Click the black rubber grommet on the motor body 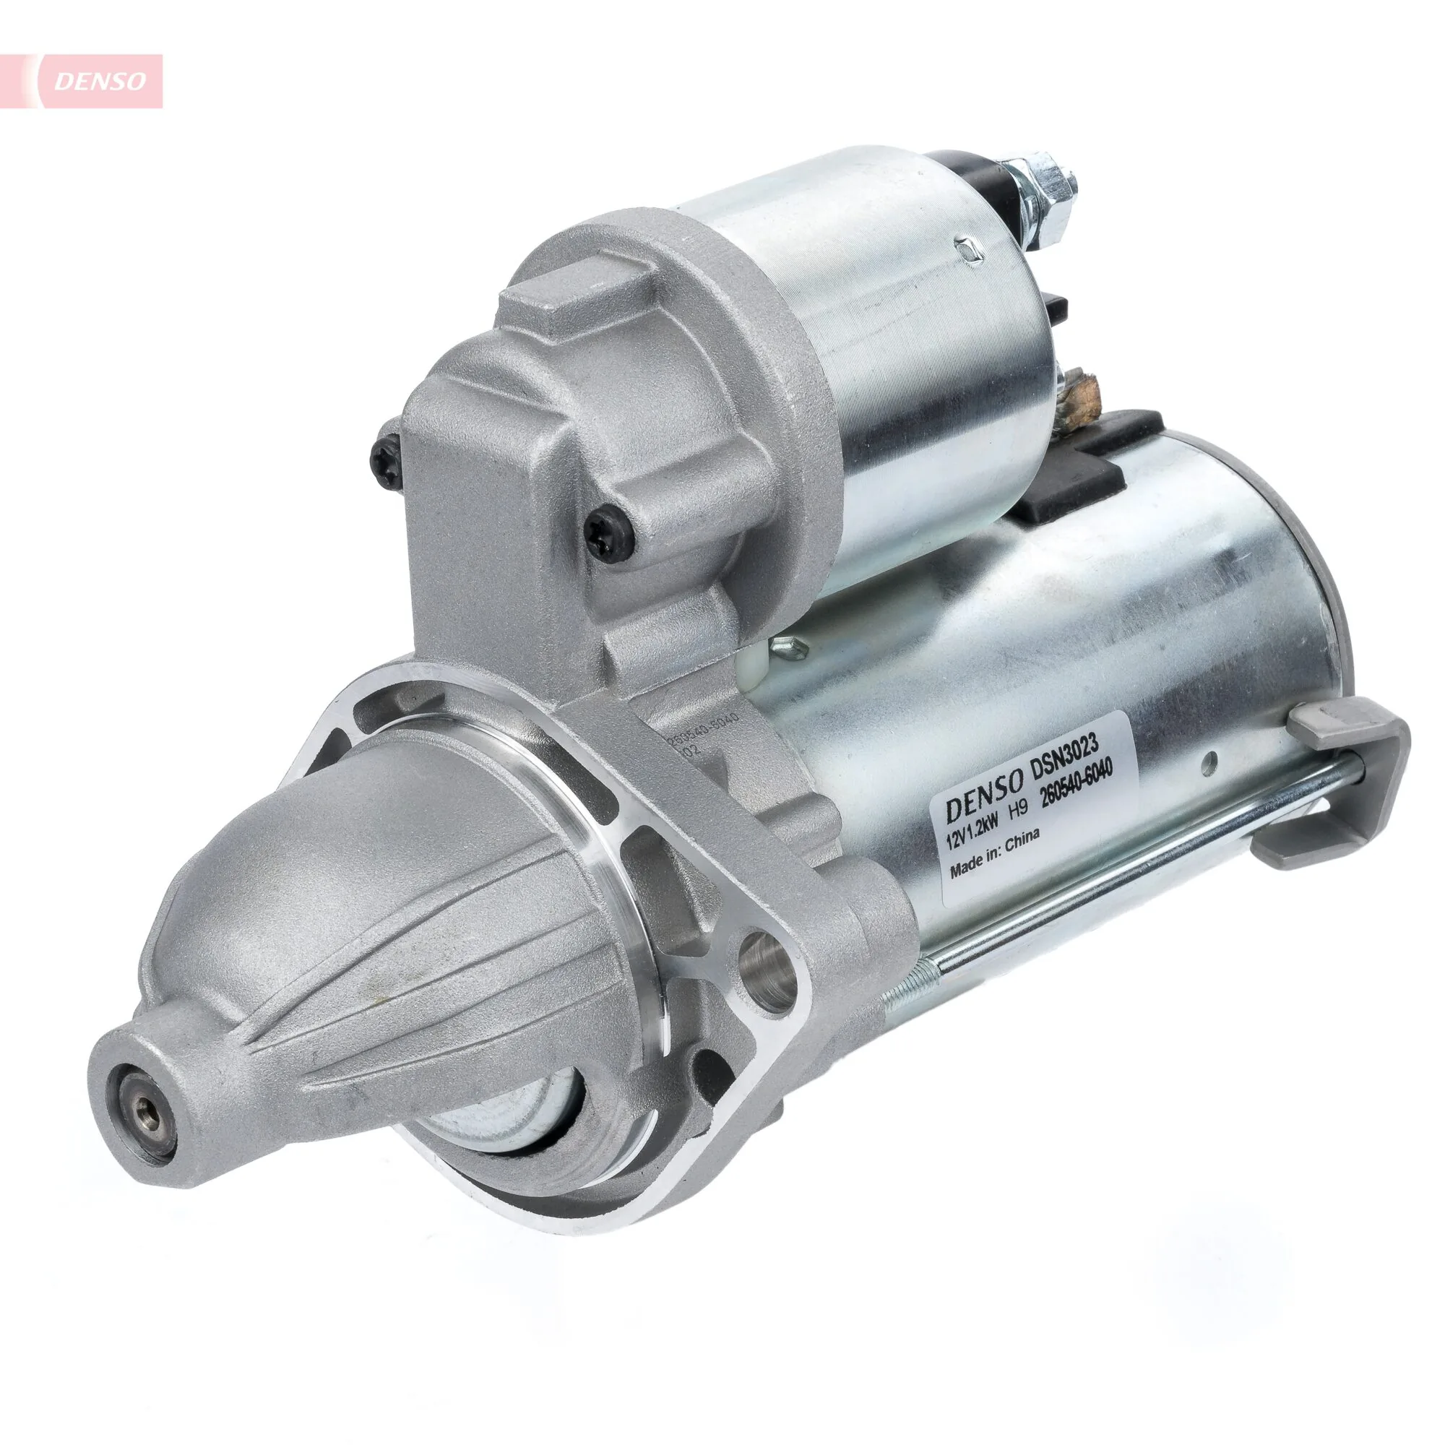pos(1066,490)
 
